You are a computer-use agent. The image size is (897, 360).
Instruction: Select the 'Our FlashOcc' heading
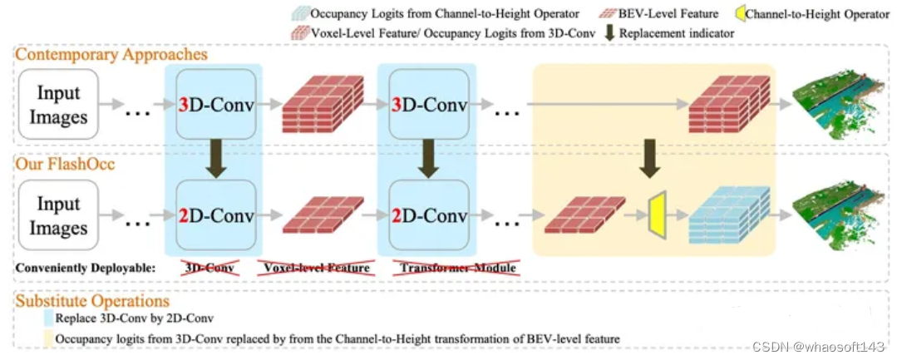point(65,165)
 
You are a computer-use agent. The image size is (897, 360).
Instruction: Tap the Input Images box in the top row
point(58,105)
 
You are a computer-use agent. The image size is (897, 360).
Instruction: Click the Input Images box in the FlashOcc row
point(58,216)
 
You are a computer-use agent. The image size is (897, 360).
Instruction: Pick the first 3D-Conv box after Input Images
point(215,105)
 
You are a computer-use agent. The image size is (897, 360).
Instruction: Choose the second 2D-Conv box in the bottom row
point(428,216)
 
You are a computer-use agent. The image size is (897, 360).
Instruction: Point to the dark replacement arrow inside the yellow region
point(651,157)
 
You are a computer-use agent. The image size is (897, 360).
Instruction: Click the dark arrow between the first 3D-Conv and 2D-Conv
point(215,157)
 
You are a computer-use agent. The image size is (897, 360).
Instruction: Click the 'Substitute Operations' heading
point(93,300)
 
